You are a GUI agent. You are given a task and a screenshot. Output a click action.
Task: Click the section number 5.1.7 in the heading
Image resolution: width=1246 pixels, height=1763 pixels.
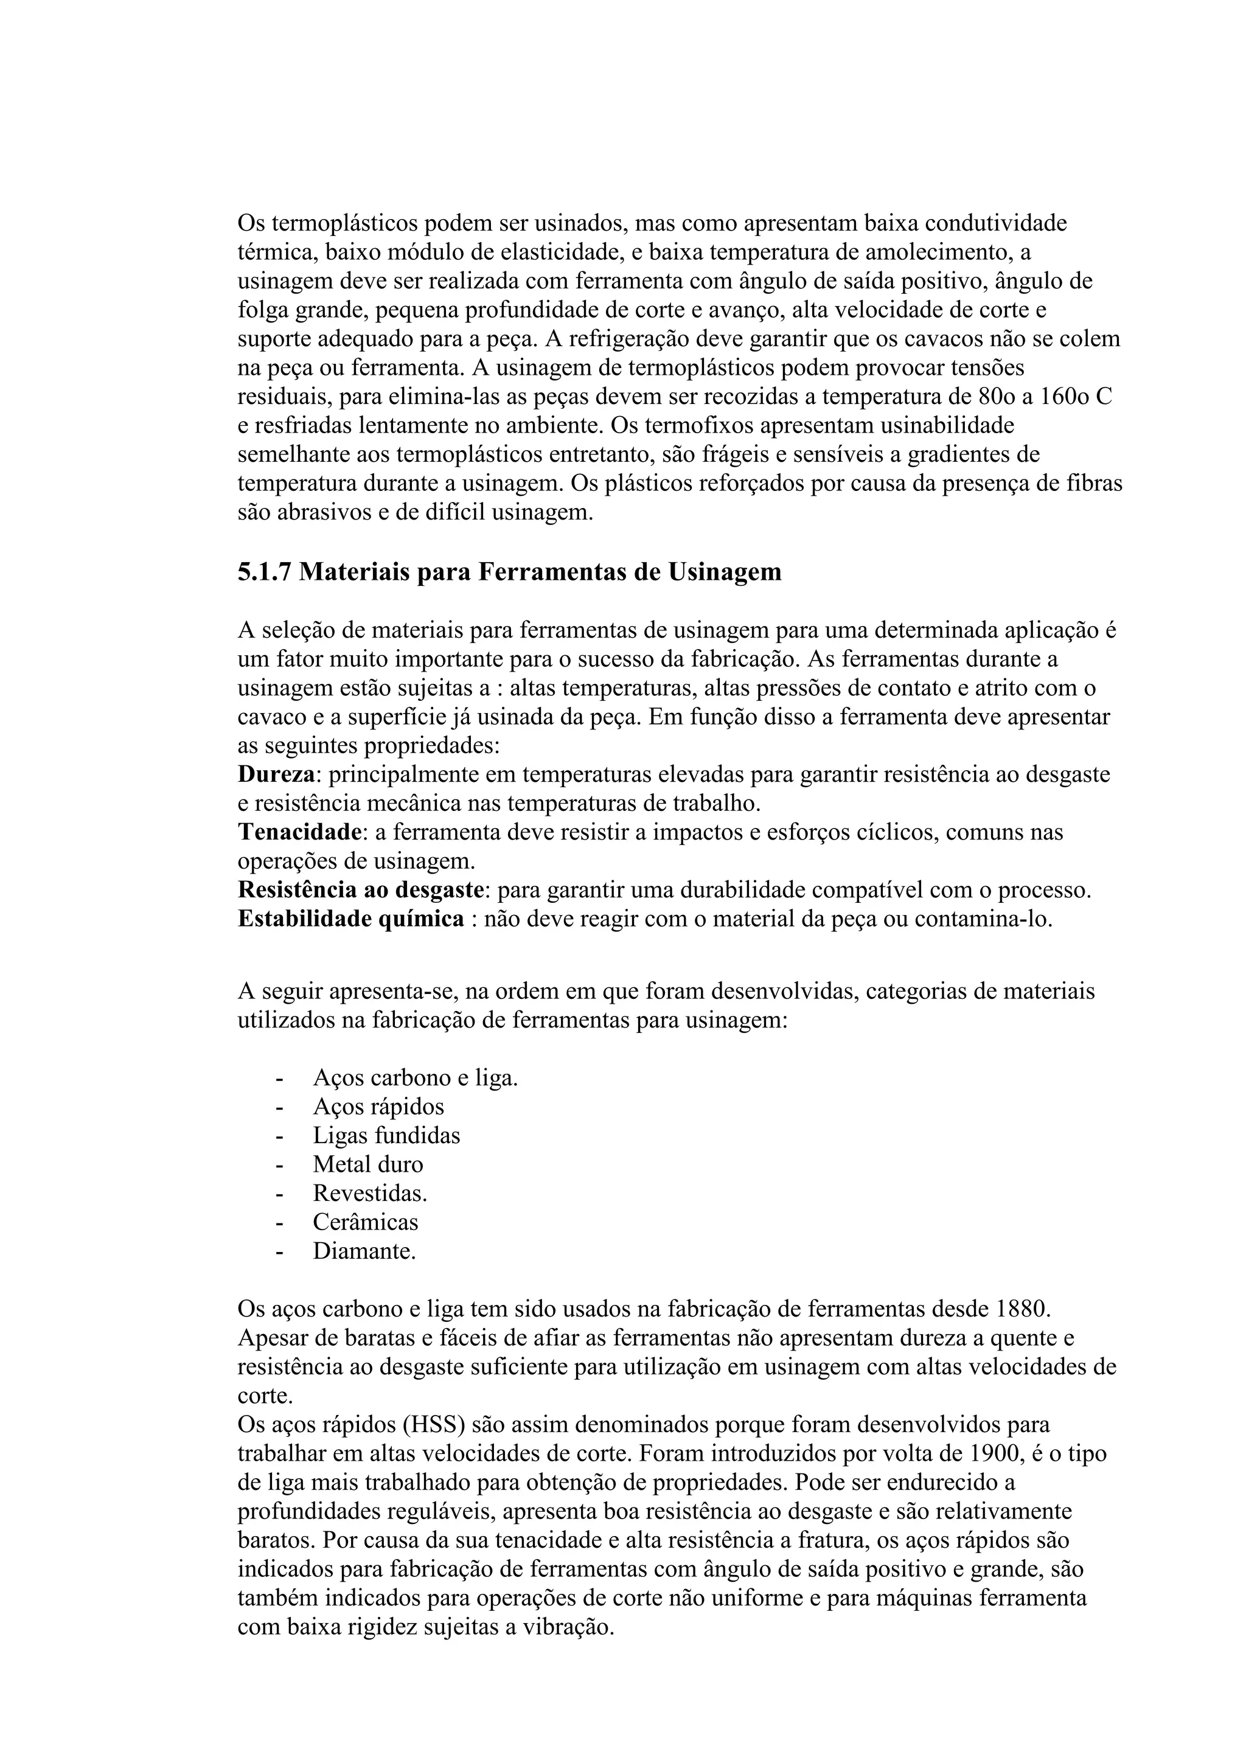pos(264,572)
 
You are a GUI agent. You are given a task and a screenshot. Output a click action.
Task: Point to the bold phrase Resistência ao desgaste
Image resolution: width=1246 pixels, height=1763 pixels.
pos(361,890)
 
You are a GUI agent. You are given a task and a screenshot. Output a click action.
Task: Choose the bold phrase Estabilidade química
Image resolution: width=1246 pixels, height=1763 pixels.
pos(351,919)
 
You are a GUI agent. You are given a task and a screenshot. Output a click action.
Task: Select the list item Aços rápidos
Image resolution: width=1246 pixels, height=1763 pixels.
pos(378,1107)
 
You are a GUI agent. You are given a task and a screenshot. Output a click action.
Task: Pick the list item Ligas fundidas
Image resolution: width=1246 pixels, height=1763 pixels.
pos(386,1136)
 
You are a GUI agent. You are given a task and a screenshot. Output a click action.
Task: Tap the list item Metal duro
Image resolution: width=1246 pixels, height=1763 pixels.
pos(367,1165)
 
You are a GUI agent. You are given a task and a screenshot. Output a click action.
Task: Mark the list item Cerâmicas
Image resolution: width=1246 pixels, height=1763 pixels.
pos(366,1222)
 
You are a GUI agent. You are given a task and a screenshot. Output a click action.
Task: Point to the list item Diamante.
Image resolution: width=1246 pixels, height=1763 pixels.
pos(364,1251)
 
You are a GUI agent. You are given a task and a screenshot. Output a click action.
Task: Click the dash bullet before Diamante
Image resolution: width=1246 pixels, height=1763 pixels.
pos(279,1251)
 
